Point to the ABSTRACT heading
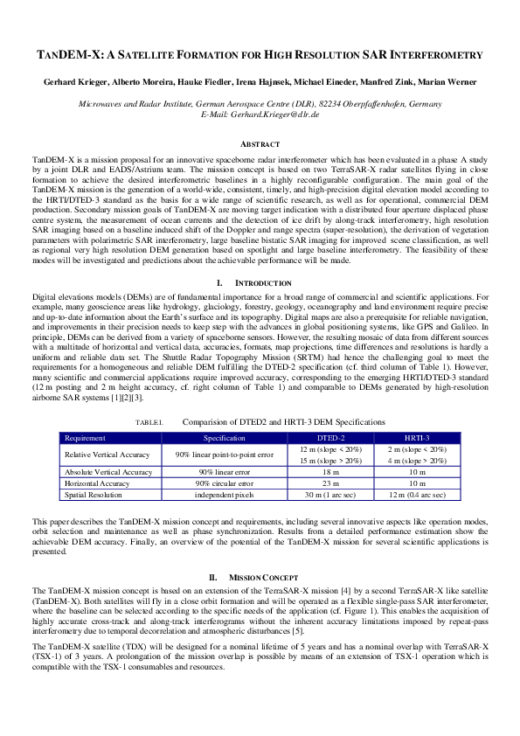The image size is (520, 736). (260, 143)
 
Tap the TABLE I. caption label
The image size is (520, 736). (149, 422)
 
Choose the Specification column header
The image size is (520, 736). (224, 437)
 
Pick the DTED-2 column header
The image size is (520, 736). (330, 437)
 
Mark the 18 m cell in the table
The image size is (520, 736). (330, 472)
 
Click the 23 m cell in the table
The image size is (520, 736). (330, 483)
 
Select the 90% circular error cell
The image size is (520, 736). (224, 483)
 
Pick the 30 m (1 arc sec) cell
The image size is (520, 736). (330, 495)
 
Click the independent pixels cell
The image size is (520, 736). (224, 495)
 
